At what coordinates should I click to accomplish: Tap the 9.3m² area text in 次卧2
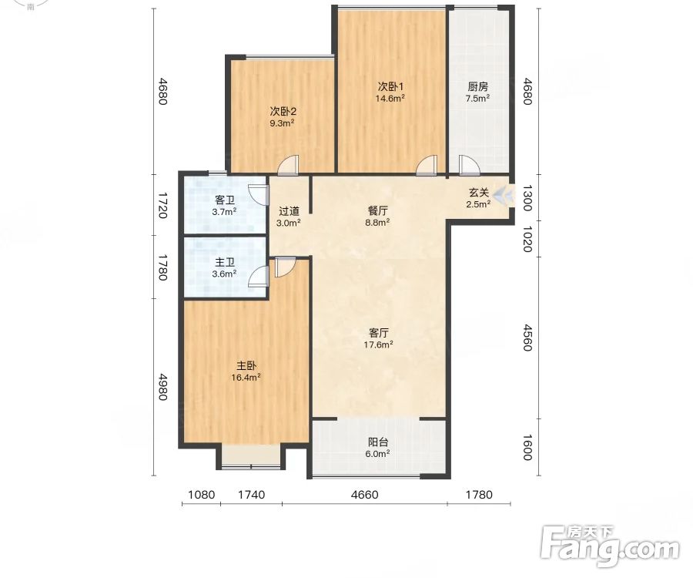[283, 123]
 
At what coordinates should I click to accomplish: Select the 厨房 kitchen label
[477, 86]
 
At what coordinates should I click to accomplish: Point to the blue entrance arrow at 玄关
[504, 195]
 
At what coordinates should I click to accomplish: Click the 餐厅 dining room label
[377, 211]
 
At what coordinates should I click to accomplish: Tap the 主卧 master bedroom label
[246, 366]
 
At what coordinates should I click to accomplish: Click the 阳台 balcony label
[378, 442]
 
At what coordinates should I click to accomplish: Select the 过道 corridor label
[289, 211]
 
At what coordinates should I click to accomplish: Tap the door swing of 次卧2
[288, 164]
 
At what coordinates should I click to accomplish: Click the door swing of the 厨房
[470, 164]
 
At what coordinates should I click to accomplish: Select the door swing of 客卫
[259, 195]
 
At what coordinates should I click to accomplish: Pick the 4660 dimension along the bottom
[365, 495]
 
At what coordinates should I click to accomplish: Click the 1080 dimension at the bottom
[202, 495]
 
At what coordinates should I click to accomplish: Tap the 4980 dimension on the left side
[162, 388]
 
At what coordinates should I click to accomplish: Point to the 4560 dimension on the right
[527, 338]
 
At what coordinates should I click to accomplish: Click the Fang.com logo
[611, 546]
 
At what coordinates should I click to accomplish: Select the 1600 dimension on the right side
[527, 447]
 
